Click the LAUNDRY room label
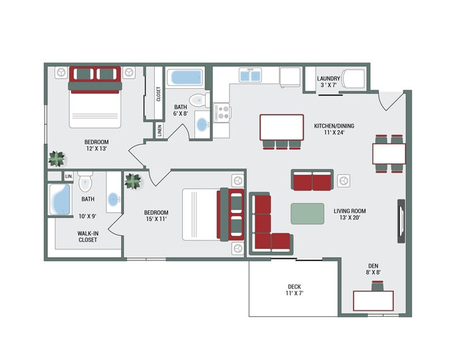(328, 78)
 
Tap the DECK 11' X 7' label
(294, 290)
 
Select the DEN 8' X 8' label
(374, 269)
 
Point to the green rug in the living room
(308, 214)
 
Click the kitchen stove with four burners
(222, 112)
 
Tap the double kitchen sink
(250, 75)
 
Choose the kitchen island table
(282, 127)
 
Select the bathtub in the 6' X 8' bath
(185, 77)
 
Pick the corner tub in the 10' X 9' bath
(60, 199)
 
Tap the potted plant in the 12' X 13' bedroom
(57, 158)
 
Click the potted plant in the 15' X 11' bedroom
(133, 181)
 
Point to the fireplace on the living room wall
(401, 221)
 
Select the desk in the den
(374, 301)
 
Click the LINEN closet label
(160, 131)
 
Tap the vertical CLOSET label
(158, 94)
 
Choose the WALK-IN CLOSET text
(87, 237)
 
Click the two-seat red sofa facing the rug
(312, 180)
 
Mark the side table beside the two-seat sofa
(343, 181)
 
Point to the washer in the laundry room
(353, 79)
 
